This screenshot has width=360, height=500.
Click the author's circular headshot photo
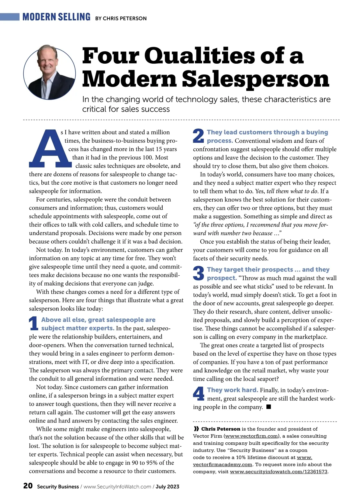pyautogui.click(x=49, y=72)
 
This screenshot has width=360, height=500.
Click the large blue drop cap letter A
pyautogui.click(x=50, y=149)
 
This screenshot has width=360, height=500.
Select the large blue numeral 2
pyautogui.click(x=198, y=136)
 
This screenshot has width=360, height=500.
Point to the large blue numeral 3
pyautogui.click(x=198, y=273)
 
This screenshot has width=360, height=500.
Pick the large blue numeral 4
pyautogui.click(x=199, y=394)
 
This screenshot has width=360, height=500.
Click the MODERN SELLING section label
pyautogui.click(x=56, y=17)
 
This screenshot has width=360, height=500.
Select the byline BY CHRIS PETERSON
pyautogui.click(x=121, y=19)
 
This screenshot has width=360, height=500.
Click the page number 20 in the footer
pyautogui.click(x=28, y=486)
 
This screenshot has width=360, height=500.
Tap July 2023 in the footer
pyautogui.click(x=167, y=486)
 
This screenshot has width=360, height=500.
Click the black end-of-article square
pyautogui.click(x=269, y=407)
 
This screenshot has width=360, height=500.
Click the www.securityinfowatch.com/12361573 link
pyautogui.click(x=278, y=471)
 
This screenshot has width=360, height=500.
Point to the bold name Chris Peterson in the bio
pyautogui.click(x=220, y=429)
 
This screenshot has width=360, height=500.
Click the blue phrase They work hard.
pyautogui.click(x=232, y=390)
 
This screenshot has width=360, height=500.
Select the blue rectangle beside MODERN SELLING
pyautogui.click(x=10, y=17)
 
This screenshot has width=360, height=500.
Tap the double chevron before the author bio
pyautogui.click(x=196, y=429)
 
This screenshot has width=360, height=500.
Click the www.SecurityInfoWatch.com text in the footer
pyautogui.click(x=117, y=486)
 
